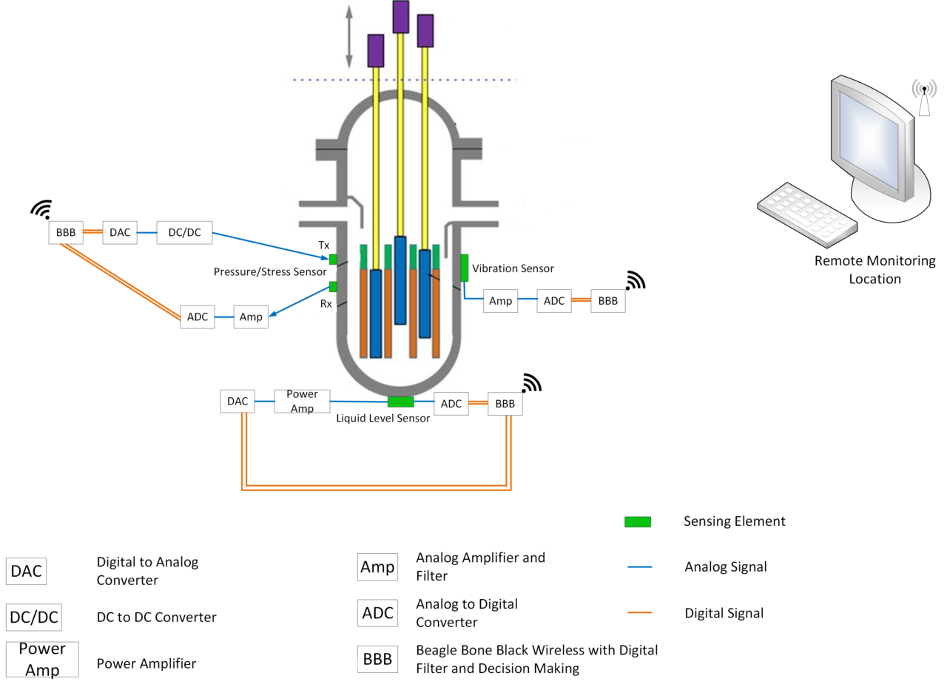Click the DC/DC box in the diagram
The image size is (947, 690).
click(x=184, y=232)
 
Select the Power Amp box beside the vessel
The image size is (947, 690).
click(x=302, y=402)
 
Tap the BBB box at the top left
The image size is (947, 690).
click(x=66, y=232)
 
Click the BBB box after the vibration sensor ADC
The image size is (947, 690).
click(x=607, y=301)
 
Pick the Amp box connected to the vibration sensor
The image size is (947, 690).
click(x=501, y=301)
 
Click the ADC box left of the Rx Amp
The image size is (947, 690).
click(x=198, y=317)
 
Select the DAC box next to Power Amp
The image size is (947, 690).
click(x=237, y=402)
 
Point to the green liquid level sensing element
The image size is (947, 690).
click(x=400, y=402)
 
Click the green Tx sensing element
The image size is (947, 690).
click(x=333, y=259)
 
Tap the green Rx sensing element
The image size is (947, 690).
click(x=333, y=287)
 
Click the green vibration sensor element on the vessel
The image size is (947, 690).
click(x=465, y=268)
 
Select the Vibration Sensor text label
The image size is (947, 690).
click(x=513, y=268)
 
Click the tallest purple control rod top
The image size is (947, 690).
click(x=400, y=16)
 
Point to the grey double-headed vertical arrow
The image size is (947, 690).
click(x=348, y=37)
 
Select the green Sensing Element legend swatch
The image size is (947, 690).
click(x=637, y=522)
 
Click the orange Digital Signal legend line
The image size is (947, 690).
click(x=639, y=613)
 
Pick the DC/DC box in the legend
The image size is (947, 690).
click(x=33, y=617)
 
